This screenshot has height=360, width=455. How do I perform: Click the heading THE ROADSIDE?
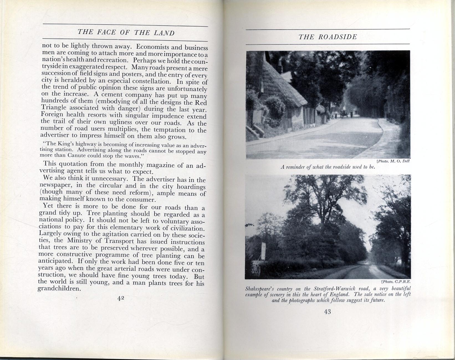coord(328,37)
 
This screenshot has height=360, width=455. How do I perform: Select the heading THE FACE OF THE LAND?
coord(126,32)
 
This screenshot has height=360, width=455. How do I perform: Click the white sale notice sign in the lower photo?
coord(264,250)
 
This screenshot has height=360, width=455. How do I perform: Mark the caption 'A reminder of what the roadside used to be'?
coord(328,167)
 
